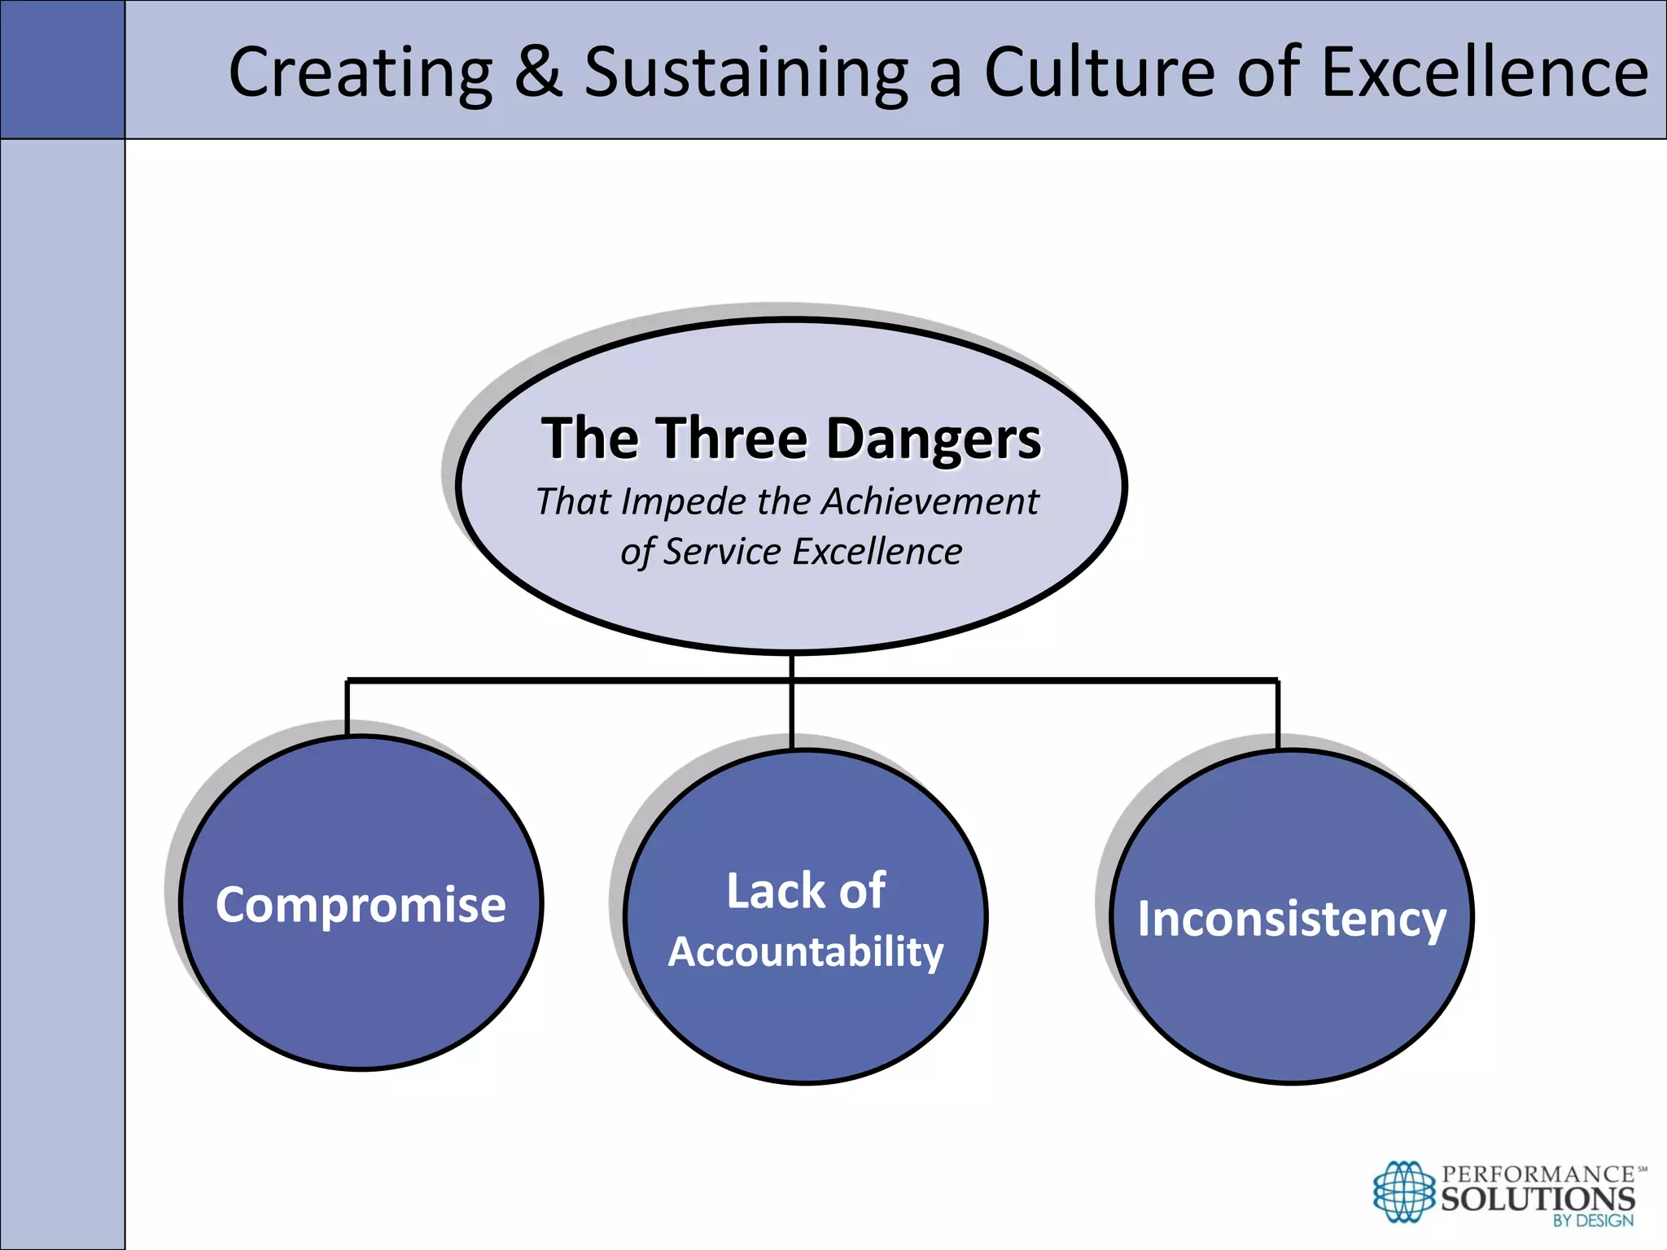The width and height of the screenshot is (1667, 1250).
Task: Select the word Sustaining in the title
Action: [x=746, y=73]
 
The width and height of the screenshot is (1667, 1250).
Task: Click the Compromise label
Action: [x=361, y=905]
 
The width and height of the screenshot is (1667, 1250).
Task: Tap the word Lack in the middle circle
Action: [x=774, y=890]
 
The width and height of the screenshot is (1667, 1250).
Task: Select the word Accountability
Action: [x=806, y=951]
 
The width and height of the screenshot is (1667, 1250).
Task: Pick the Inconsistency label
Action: [x=1292, y=919]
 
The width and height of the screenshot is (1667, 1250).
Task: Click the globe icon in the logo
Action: [x=1403, y=1192]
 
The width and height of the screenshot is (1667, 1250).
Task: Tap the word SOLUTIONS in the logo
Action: [x=1538, y=1199]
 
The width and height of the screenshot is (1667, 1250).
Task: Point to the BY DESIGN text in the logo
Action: [x=1592, y=1221]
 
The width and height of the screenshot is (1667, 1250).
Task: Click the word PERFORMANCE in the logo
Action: [x=1538, y=1174]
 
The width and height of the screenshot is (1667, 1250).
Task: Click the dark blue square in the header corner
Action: [x=63, y=69]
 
